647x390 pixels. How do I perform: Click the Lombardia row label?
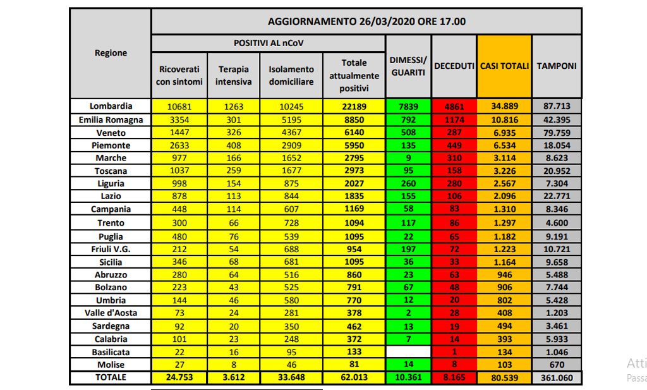[111, 106]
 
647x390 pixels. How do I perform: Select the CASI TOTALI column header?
[504, 66]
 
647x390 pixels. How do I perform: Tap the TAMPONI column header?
[557, 66]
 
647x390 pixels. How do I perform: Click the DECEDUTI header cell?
[454, 66]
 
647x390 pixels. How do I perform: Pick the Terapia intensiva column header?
[234, 75]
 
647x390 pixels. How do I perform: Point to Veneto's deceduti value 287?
[454, 133]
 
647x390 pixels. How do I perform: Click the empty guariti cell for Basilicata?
[408, 351]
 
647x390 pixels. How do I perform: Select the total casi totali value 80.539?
[504, 377]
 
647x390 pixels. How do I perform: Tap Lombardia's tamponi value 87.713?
[557, 106]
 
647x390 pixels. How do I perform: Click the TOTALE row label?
[111, 377]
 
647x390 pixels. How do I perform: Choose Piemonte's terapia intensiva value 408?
[234, 145]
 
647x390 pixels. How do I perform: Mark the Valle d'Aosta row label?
[111, 313]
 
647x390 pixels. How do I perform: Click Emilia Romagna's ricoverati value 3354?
[179, 119]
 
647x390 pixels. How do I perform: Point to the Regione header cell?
[111, 53]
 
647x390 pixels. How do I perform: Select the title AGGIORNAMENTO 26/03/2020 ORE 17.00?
[366, 21]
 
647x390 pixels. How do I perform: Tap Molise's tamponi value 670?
[557, 365]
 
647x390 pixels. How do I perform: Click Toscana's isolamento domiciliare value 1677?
[291, 171]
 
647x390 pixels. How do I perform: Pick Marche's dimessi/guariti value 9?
[408, 157]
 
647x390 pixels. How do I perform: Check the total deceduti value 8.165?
[454, 377]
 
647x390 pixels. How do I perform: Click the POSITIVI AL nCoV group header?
[269, 43]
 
